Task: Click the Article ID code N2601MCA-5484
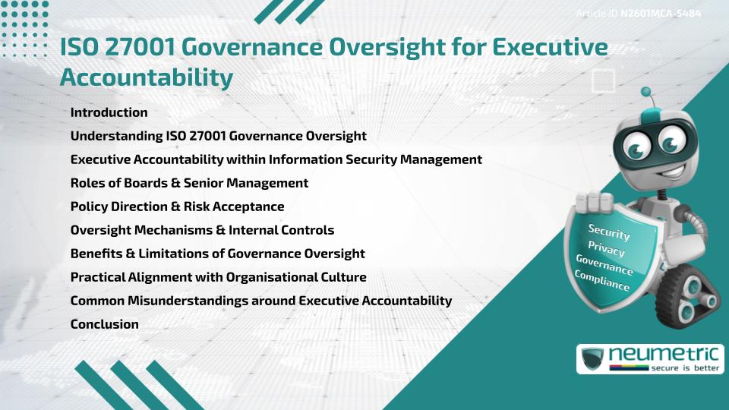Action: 660,14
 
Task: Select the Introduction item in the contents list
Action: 109,112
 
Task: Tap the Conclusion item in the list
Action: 104,324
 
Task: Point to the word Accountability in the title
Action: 146,77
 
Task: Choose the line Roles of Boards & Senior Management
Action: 189,183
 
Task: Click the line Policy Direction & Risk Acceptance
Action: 177,207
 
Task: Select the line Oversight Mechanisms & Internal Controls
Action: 202,230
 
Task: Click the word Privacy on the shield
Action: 606,250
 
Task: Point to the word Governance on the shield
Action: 604,266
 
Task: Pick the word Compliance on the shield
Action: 603,282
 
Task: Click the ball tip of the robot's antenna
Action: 647,94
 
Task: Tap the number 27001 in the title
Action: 145,48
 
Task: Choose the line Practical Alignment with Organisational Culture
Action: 218,277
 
